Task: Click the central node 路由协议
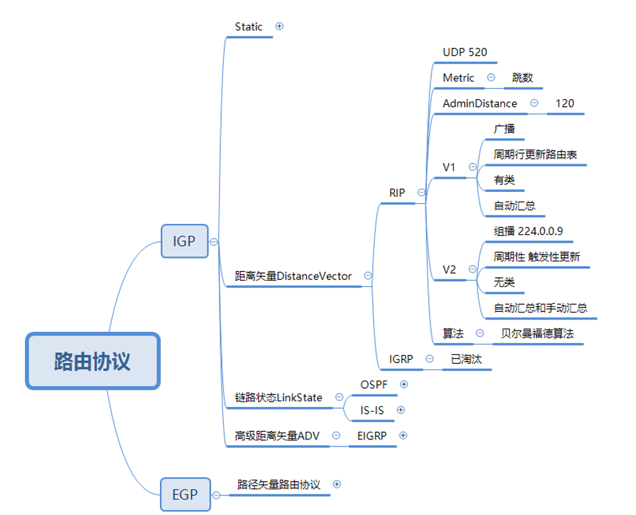click(93, 361)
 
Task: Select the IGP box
click(184, 241)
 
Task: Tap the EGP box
click(184, 494)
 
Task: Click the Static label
click(249, 27)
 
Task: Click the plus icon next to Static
click(280, 26)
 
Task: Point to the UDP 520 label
click(465, 52)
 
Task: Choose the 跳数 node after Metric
click(523, 78)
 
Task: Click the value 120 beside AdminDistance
click(565, 103)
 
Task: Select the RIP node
click(397, 193)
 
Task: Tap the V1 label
click(450, 167)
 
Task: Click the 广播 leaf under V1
click(504, 129)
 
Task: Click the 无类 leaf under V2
click(504, 282)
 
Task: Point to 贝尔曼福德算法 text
click(537, 333)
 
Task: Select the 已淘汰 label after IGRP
click(466, 359)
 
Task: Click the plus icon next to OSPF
click(404, 384)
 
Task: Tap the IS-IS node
click(372, 410)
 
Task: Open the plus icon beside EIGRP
click(403, 435)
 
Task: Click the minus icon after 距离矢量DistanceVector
click(368, 276)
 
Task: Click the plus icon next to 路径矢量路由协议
click(337, 485)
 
